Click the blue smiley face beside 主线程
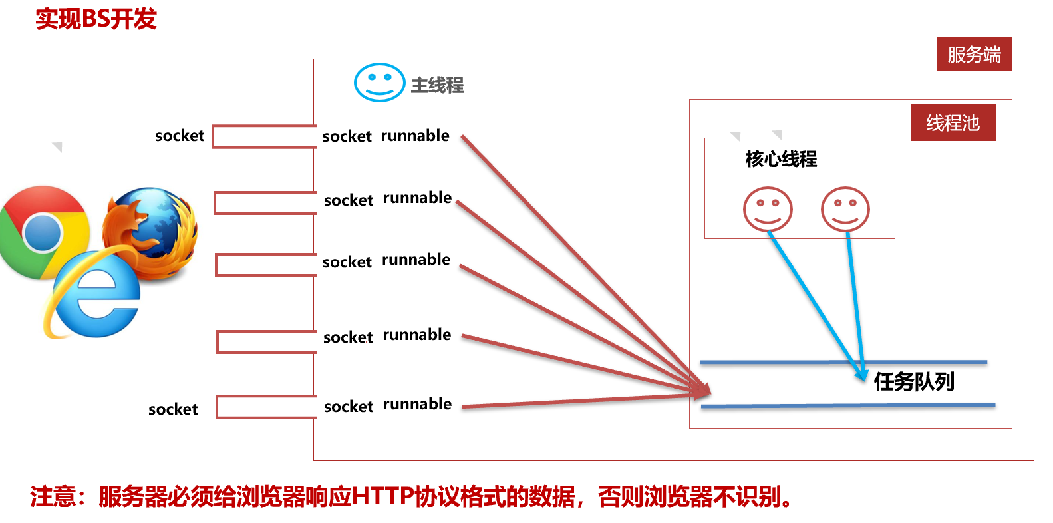(379, 83)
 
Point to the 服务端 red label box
(974, 54)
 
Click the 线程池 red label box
(953, 122)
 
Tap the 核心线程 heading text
(781, 159)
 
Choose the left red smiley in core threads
(768, 209)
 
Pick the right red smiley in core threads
(845, 209)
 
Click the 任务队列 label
(914, 381)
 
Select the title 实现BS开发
(96, 19)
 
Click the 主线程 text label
(437, 85)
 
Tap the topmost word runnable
(415, 136)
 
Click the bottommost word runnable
(417, 404)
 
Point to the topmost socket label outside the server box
(180, 136)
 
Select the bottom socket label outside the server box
(173, 409)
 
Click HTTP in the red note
(382, 496)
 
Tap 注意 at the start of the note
(53, 496)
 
